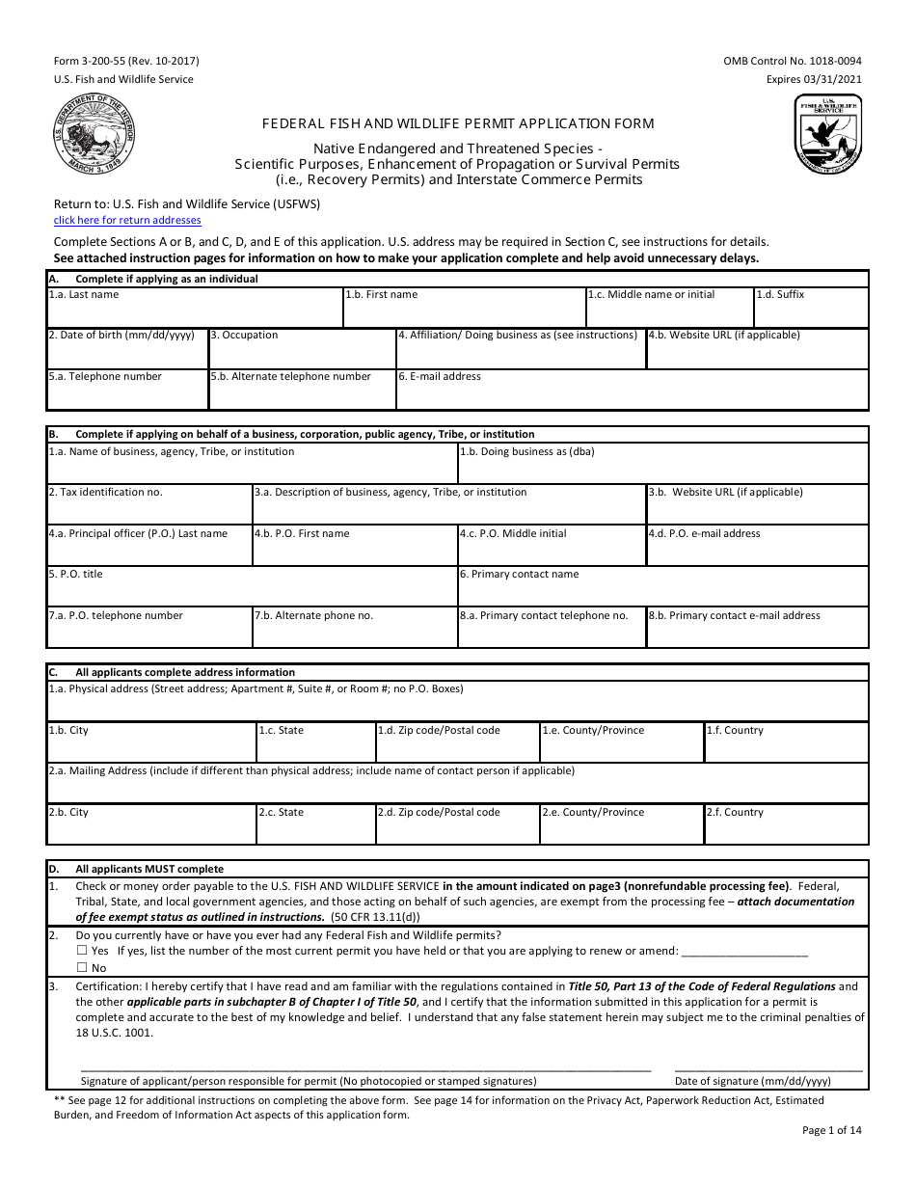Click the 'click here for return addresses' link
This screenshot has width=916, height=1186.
click(127, 220)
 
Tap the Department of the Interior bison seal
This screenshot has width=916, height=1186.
click(94, 136)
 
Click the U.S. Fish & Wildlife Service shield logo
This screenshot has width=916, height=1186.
click(827, 134)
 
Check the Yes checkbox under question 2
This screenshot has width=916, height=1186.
click(82, 951)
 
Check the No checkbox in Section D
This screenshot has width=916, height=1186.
click(82, 968)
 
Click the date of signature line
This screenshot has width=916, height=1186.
click(768, 1067)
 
